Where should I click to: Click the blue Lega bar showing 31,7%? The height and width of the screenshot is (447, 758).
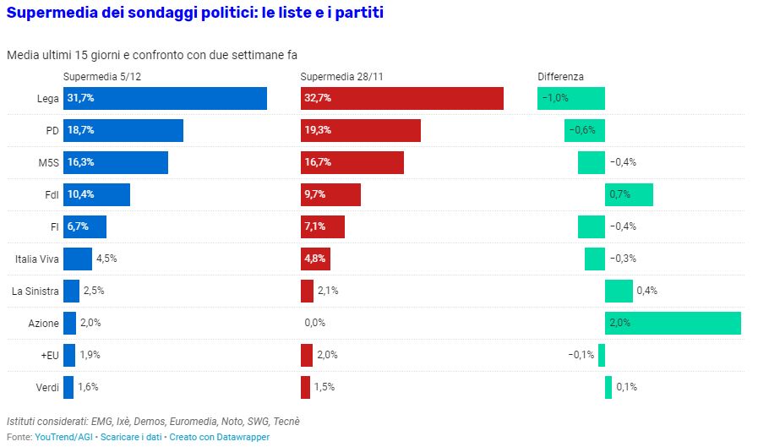(x=165, y=98)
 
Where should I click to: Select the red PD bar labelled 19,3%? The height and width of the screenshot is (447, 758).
(x=361, y=130)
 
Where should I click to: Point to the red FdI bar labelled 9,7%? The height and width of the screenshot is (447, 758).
(x=330, y=194)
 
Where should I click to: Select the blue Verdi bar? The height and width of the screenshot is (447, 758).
(x=68, y=387)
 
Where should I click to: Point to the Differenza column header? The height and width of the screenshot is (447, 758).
(x=560, y=77)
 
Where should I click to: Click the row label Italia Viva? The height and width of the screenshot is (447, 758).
(x=37, y=259)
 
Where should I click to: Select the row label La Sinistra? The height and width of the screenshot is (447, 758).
(x=35, y=291)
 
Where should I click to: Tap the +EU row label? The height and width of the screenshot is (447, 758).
(x=49, y=355)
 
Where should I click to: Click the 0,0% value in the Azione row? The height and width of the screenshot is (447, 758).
(x=314, y=323)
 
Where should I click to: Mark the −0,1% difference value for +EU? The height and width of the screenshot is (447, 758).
(x=581, y=355)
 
